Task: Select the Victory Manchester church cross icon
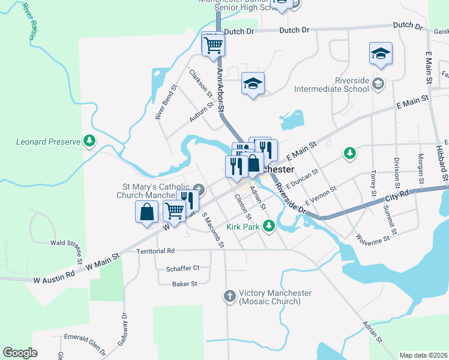point(229,296)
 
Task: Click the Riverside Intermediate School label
point(331,85)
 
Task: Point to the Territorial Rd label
point(155,251)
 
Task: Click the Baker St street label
point(184,284)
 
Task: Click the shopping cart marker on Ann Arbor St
point(213,44)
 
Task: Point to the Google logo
point(20,353)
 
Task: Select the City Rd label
point(397,196)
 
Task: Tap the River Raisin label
point(28,21)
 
